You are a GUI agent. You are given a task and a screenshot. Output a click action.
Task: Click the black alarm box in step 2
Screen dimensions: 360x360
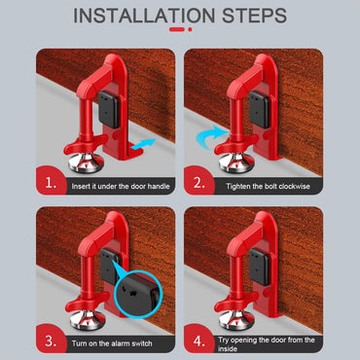259,107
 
